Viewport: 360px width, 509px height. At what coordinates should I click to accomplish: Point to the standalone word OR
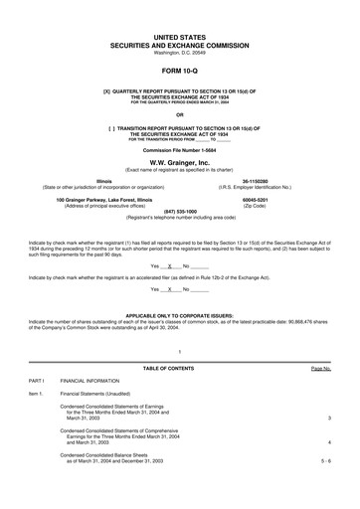tap(180, 114)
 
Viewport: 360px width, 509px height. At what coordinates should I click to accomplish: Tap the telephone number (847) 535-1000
tap(180, 211)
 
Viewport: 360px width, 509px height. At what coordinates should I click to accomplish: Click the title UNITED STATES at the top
tap(180, 35)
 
